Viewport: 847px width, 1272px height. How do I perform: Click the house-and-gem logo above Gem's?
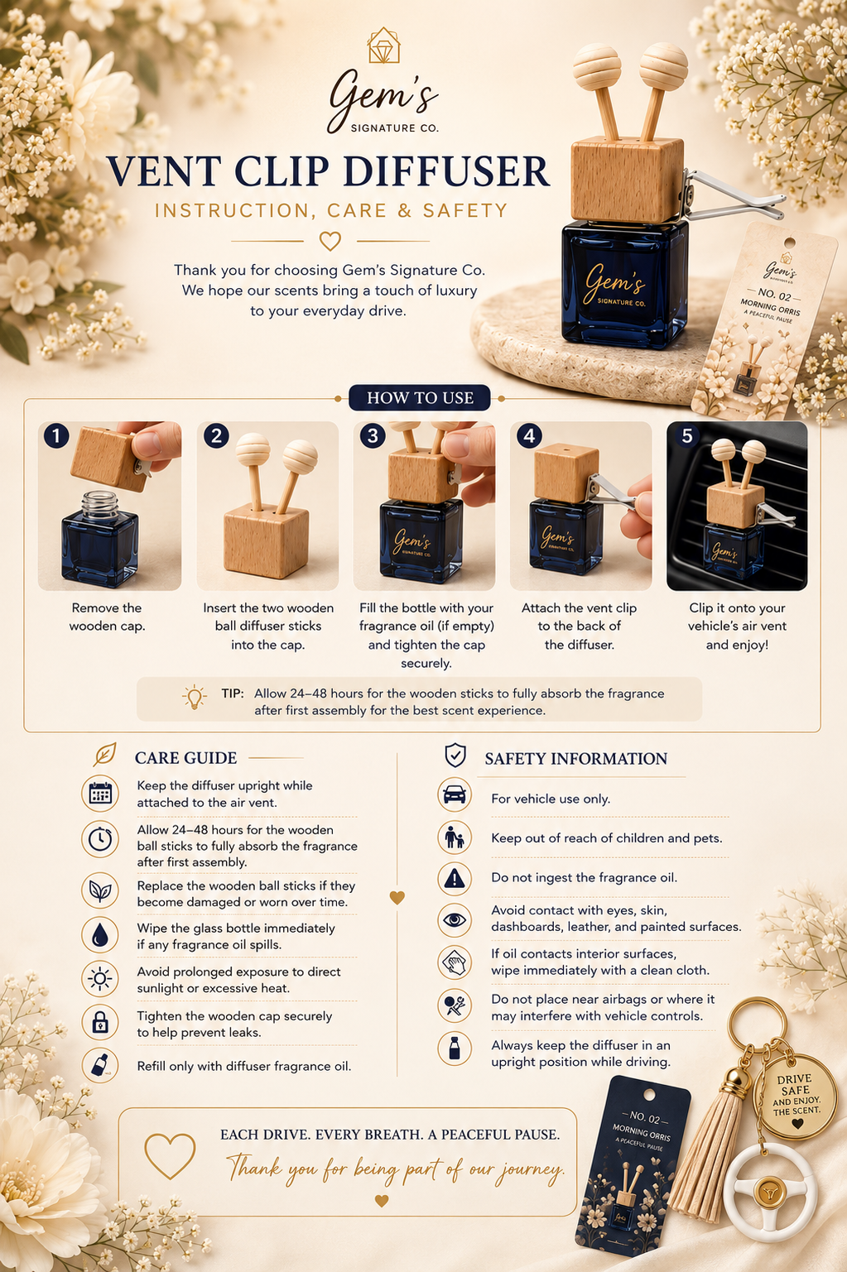click(x=384, y=45)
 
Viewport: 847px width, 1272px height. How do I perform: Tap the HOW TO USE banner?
click(x=419, y=397)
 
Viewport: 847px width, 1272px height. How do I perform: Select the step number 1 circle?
click(x=55, y=436)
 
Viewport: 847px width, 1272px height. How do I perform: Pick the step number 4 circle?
click(x=529, y=436)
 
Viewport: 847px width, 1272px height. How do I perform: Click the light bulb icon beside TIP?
click(x=195, y=696)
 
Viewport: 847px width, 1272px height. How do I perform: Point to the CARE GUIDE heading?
click(x=185, y=758)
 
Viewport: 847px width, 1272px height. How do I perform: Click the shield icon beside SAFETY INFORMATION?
click(x=455, y=756)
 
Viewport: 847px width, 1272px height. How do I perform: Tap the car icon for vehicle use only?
click(x=455, y=794)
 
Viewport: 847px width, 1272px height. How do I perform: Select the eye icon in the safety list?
click(x=455, y=919)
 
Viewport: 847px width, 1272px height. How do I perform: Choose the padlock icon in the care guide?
click(x=100, y=1022)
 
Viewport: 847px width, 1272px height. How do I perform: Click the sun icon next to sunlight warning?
click(x=100, y=978)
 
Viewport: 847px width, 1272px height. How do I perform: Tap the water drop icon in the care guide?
click(x=100, y=934)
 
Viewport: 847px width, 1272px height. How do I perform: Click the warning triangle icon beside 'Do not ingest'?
click(x=455, y=878)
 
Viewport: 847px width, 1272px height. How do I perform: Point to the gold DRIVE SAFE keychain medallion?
click(x=795, y=1096)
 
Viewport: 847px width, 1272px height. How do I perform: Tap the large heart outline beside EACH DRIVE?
click(x=170, y=1155)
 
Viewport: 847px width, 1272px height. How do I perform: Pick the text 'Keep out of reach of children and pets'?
click(x=607, y=838)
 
